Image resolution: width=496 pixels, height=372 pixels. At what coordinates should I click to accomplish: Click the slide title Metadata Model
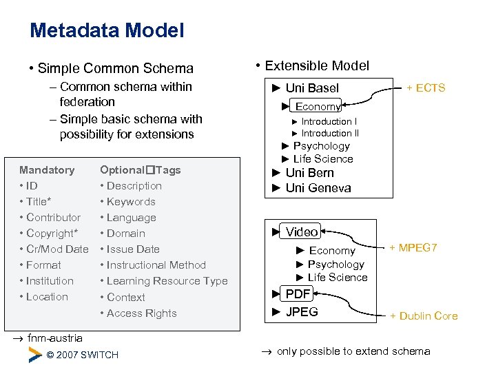[x=107, y=30]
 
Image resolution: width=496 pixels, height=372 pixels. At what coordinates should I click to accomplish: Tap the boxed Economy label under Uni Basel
[x=318, y=106]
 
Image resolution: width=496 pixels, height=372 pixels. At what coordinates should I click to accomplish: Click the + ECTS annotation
[x=426, y=87]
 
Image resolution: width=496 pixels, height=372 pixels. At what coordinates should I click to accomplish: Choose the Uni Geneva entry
[x=318, y=188]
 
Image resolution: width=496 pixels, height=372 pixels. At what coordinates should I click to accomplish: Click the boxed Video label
[x=302, y=231]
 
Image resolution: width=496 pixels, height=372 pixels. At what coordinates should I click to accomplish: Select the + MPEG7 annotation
[x=413, y=247]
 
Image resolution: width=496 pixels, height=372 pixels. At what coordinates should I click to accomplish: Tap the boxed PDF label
[x=298, y=294]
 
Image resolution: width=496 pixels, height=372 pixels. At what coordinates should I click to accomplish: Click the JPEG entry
[x=301, y=311]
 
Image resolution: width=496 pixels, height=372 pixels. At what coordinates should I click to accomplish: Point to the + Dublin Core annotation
[x=424, y=316]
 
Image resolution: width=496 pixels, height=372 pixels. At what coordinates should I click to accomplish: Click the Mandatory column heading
[x=47, y=169]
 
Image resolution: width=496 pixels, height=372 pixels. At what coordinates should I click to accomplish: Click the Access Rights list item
[x=141, y=313]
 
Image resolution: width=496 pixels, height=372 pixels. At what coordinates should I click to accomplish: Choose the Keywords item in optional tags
[x=131, y=201]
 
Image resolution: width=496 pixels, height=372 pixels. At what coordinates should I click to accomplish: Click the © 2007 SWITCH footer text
[x=82, y=355]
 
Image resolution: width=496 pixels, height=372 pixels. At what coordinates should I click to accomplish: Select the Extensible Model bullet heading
[x=317, y=65]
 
